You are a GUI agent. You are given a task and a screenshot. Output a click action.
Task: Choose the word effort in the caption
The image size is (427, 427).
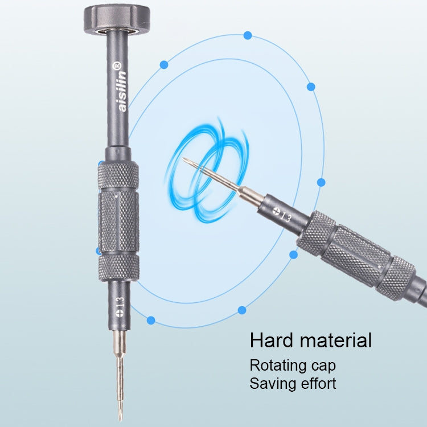317,383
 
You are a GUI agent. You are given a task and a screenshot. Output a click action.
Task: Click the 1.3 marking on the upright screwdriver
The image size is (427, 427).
120,301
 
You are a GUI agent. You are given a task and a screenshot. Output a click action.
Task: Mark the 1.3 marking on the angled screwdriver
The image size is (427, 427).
285,216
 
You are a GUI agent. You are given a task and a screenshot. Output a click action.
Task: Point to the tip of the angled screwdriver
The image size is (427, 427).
184,159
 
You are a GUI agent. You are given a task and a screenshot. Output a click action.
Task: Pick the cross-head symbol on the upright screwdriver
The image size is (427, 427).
120,312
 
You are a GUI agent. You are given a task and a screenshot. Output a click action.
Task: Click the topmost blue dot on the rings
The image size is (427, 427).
248,35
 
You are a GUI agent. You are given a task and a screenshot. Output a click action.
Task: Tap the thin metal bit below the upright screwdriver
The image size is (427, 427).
120,376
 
